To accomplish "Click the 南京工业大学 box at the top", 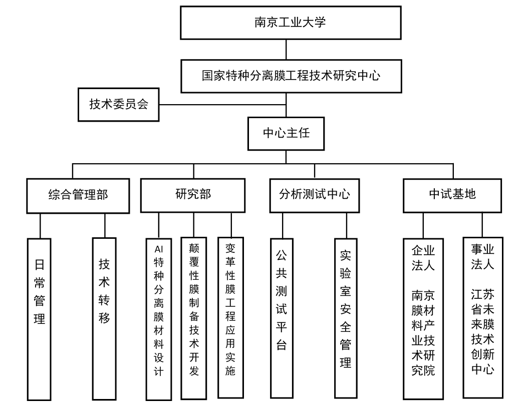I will click(291, 23).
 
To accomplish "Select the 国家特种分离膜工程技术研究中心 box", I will click(291, 76).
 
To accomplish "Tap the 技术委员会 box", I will click(118, 105).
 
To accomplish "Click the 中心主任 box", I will click(286, 133).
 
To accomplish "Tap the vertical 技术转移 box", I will click(104, 290).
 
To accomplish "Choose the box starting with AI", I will click(159, 310).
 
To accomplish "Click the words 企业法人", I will click(423, 257).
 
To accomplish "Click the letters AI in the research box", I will click(159, 249).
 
